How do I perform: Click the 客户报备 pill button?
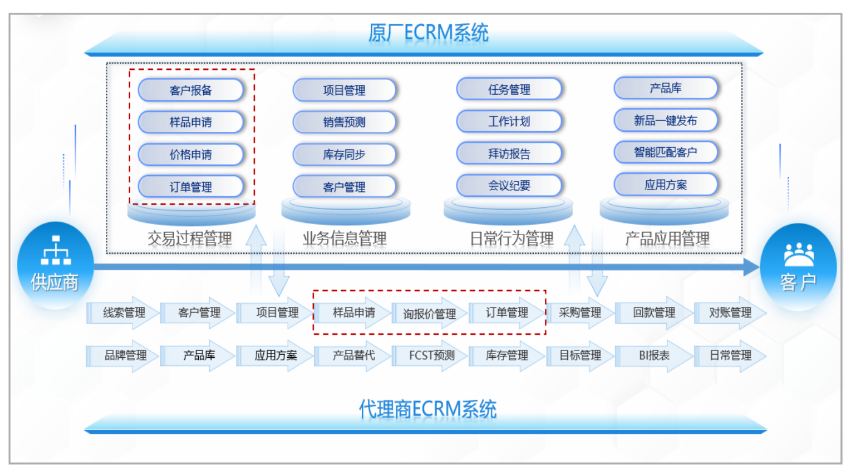click(x=190, y=90)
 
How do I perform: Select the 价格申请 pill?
click(x=190, y=154)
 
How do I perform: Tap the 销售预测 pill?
click(x=344, y=122)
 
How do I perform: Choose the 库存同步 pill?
click(x=344, y=154)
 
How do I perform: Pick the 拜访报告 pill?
click(x=509, y=154)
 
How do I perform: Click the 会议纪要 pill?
click(x=509, y=185)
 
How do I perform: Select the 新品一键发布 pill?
click(x=666, y=120)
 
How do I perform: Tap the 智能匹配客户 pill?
click(x=666, y=152)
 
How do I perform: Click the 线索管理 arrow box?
click(x=123, y=313)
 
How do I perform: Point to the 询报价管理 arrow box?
click(x=429, y=313)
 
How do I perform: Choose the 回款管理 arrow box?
click(x=654, y=313)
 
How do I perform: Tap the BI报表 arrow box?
click(x=654, y=355)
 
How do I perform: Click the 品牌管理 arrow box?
click(x=123, y=355)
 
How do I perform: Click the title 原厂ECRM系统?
click(x=429, y=33)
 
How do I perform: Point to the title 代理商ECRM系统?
click(x=427, y=409)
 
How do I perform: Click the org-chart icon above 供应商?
click(x=56, y=250)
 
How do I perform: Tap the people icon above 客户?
click(x=799, y=254)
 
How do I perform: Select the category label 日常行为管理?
click(x=512, y=239)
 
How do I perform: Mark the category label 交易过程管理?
click(x=190, y=239)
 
